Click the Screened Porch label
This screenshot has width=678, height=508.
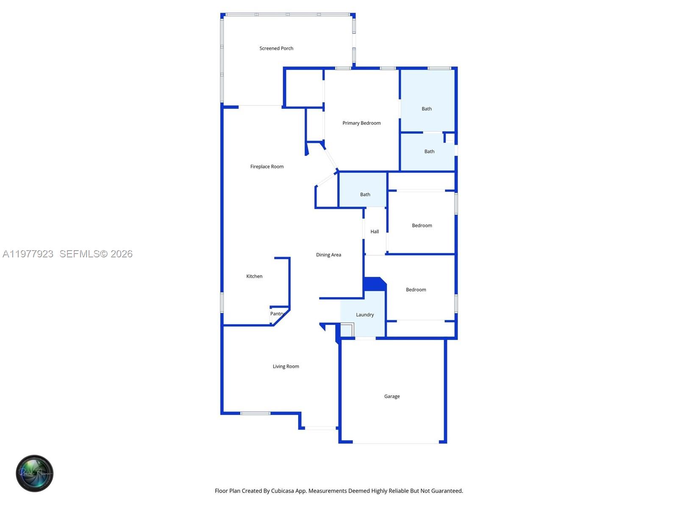[276, 48]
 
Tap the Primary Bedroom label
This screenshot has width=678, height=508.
[361, 123]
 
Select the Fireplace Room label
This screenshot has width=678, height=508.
[267, 167]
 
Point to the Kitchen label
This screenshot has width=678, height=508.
[254, 276]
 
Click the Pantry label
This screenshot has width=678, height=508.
[277, 314]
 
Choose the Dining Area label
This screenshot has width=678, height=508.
[328, 255]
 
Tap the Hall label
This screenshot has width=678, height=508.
[375, 232]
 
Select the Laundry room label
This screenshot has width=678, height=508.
[365, 315]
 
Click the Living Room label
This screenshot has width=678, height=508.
[286, 367]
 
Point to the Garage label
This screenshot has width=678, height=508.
[392, 397]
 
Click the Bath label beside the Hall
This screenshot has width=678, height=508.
[365, 195]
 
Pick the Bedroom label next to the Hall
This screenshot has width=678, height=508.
[422, 226]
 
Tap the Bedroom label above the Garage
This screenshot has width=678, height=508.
[416, 290]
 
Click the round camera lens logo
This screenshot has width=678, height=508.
[35, 473]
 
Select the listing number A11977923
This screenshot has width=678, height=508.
[28, 254]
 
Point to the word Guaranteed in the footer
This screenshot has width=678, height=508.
[447, 491]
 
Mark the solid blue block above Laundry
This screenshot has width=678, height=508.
[374, 284]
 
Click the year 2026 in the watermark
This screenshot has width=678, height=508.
[122, 254]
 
